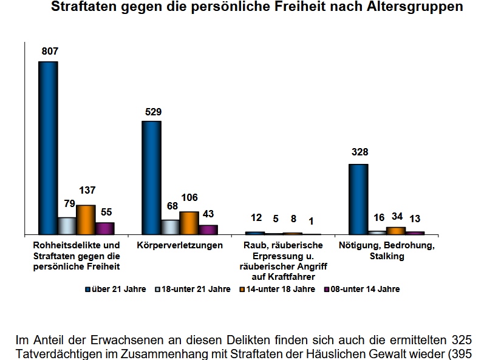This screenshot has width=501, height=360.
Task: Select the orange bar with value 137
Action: coord(86,219)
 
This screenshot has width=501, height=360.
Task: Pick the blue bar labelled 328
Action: coord(358,199)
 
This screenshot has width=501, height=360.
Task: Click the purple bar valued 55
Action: coord(104,228)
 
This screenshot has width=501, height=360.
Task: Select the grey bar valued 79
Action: coord(67,225)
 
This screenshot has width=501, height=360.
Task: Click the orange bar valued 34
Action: coord(396,230)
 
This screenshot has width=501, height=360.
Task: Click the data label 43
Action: coord(208,214)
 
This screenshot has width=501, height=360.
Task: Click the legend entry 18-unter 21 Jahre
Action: coord(194,289)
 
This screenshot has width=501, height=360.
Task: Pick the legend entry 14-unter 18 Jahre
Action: coord(279,289)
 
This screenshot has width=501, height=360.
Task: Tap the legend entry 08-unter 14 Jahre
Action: coord(363,289)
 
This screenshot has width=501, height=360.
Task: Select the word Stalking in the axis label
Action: coord(386,256)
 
